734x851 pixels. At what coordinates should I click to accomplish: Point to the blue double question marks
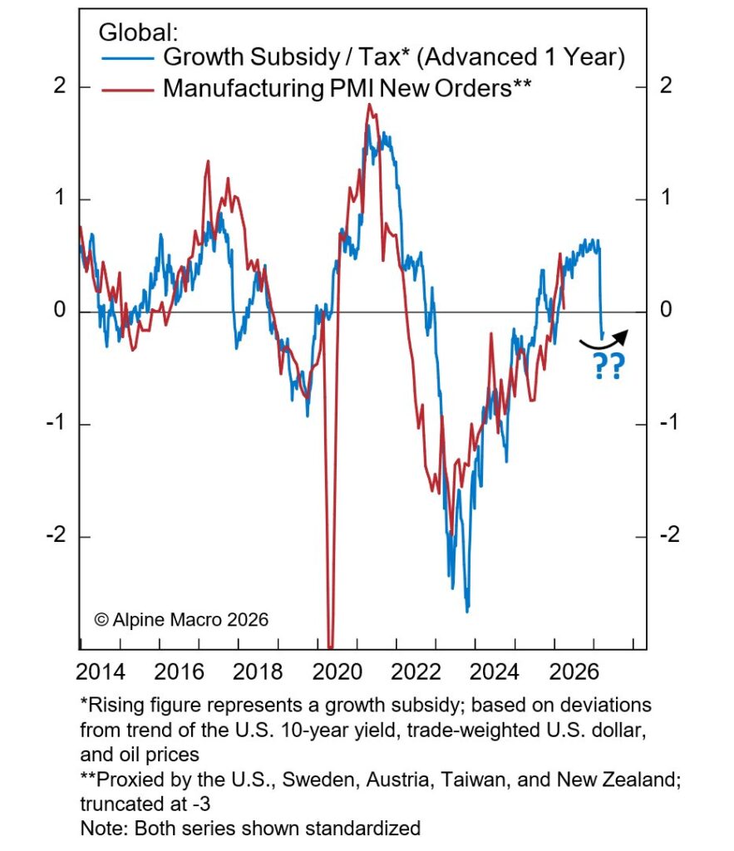click(610, 366)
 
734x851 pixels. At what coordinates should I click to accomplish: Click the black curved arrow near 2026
click(604, 339)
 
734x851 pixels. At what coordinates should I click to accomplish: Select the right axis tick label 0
click(666, 312)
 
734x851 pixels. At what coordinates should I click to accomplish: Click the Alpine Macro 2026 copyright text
click(180, 619)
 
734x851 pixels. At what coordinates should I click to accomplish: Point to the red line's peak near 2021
click(367, 105)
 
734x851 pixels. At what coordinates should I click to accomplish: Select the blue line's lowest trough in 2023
click(467, 612)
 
